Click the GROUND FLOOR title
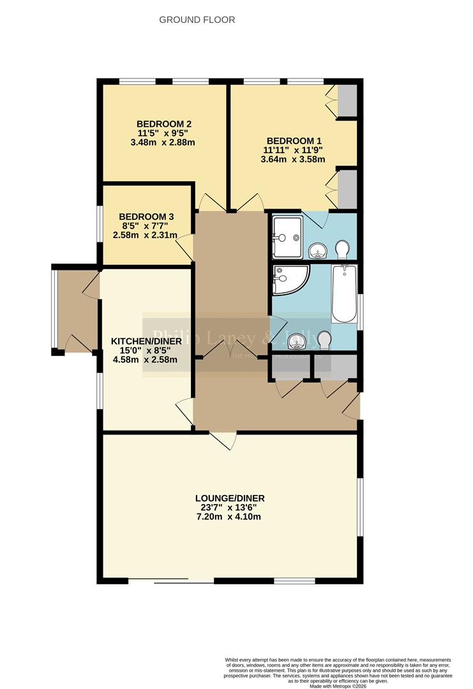(x=197, y=20)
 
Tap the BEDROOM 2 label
(x=164, y=124)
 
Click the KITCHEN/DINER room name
(x=147, y=341)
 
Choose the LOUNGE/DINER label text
(x=230, y=498)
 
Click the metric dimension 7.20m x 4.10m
(x=230, y=517)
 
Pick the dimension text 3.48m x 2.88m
(x=162, y=142)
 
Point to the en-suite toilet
(x=342, y=248)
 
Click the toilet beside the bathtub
(x=324, y=340)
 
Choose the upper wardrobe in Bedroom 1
(x=347, y=100)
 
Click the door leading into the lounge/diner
(x=223, y=440)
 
